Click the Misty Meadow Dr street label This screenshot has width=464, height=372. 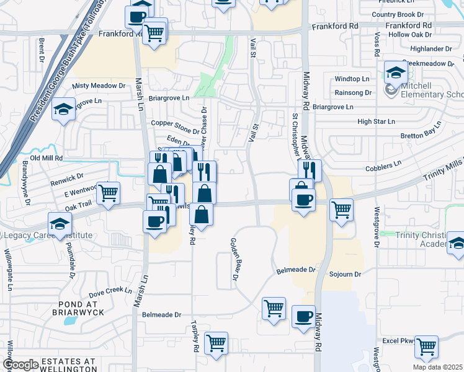[99, 86]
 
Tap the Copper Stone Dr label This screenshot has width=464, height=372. [176, 123]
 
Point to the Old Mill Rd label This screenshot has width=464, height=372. [43, 158]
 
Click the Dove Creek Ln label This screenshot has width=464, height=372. [110, 290]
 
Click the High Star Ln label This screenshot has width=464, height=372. [376, 122]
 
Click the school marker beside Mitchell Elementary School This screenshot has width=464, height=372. [395, 74]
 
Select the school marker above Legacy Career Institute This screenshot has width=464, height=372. [60, 224]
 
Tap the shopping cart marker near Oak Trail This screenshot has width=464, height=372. [109, 193]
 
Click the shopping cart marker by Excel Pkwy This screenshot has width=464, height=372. [427, 347]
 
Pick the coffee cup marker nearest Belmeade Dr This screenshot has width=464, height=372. [303, 317]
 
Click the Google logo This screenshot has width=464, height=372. [20, 365]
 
